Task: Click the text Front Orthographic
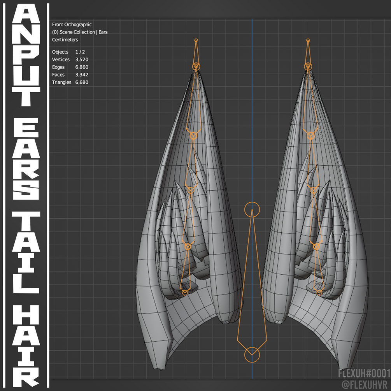72,25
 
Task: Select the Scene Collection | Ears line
80,32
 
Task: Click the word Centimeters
65,40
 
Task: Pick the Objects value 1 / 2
80,52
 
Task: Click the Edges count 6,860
82,67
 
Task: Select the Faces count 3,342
82,75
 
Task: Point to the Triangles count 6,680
82,82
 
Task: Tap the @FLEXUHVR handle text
366,384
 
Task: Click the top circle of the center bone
252,209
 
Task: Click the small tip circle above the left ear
196,40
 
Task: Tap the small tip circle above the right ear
308,40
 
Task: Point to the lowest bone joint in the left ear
185,292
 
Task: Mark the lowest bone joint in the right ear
319,292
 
